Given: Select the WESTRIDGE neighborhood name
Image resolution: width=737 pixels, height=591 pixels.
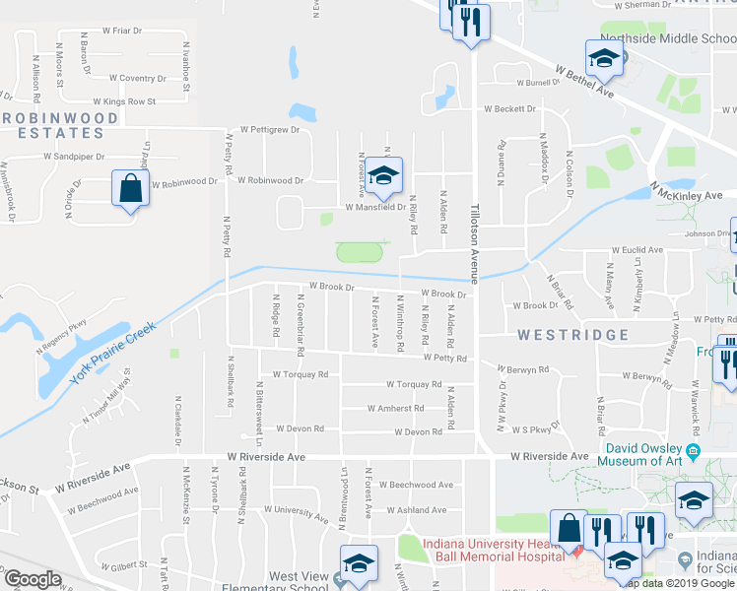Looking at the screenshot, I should (573, 335).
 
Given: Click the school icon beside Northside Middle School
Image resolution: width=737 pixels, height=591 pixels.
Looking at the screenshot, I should (603, 59).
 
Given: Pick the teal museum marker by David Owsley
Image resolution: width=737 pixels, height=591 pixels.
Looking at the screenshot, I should (693, 451).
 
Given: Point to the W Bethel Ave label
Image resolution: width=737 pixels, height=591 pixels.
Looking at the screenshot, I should (584, 82).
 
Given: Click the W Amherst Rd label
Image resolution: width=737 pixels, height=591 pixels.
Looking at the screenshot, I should (395, 408).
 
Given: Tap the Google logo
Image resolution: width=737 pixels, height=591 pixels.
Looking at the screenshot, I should (33, 579).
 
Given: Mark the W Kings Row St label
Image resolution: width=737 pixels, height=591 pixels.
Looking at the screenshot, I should (130, 101).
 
